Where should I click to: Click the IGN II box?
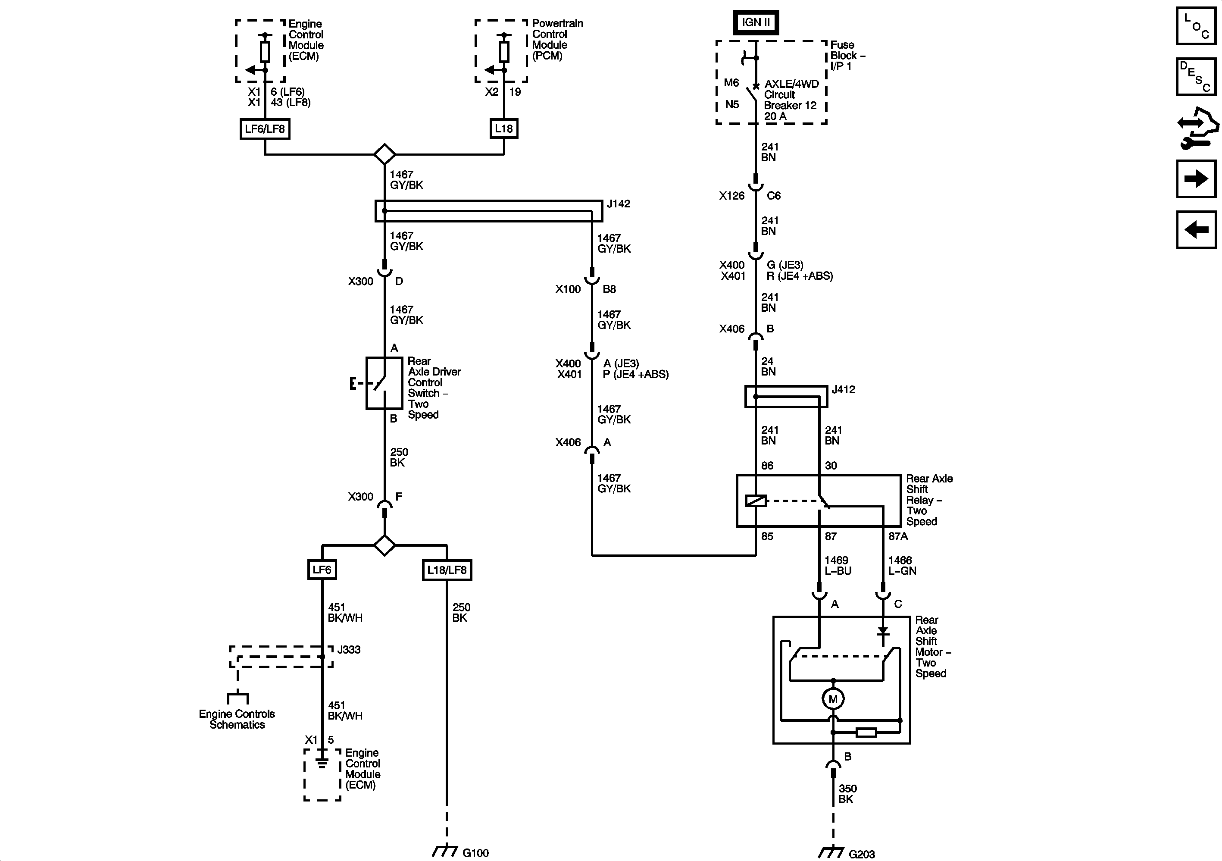[756, 22]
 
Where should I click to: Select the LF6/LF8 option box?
[265, 129]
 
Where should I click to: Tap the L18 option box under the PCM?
[503, 128]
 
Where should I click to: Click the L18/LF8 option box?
[447, 570]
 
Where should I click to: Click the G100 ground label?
[475, 853]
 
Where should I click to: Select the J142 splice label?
[618, 204]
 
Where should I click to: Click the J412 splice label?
[843, 390]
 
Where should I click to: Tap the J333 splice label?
[349, 650]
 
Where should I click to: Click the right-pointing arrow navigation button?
[1196, 178]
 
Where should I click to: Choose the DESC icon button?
[1196, 76]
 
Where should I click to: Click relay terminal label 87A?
[898, 537]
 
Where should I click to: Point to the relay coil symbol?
[756, 501]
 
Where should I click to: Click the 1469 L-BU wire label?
[838, 566]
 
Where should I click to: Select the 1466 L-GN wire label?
[902, 566]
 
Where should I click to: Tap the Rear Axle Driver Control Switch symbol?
[384, 383]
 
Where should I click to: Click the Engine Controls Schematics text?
[237, 719]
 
